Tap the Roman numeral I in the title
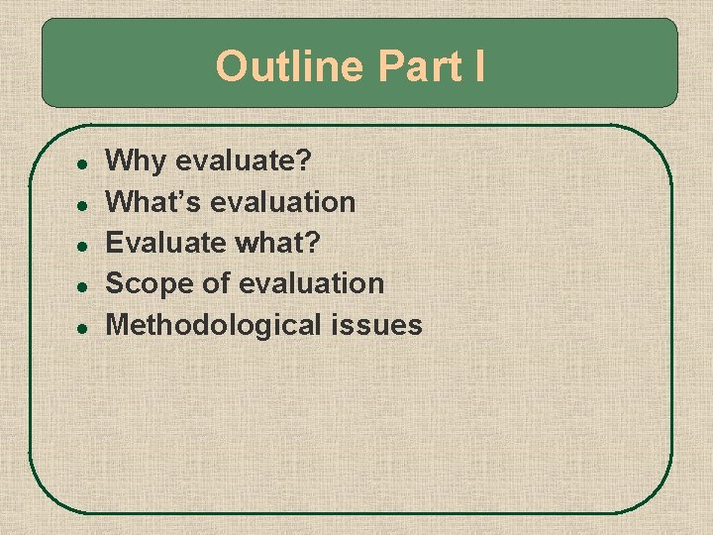point(479,67)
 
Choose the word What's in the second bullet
point(152,202)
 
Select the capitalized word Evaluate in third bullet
point(162,243)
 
